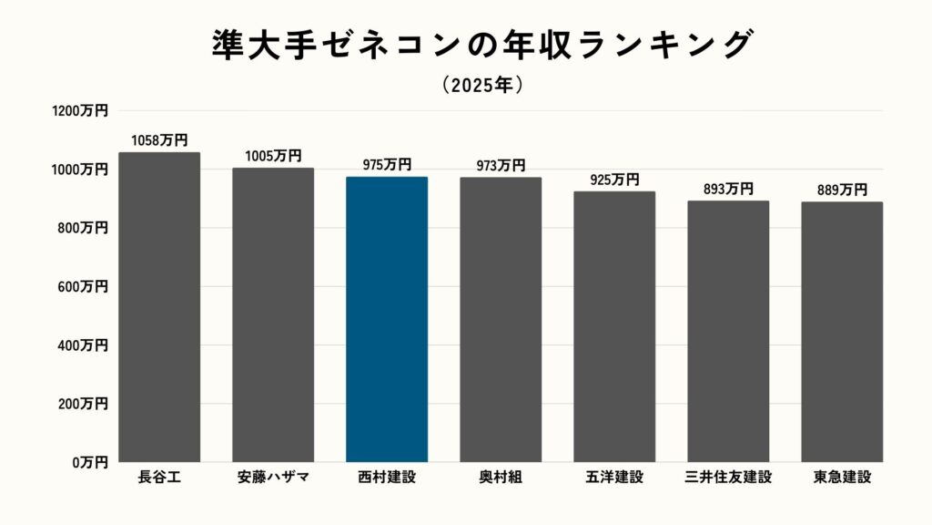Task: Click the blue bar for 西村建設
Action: (387, 319)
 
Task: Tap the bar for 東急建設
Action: (842, 332)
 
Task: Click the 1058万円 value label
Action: (159, 140)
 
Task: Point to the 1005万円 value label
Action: (273, 156)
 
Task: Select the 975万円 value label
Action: (387, 165)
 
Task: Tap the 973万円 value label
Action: (501, 165)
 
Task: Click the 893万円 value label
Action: (728, 189)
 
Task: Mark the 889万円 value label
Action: (842, 190)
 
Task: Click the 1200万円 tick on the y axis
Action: (80, 111)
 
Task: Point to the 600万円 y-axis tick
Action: (82, 286)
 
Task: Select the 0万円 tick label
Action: (89, 462)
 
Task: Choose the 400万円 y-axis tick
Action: (82, 345)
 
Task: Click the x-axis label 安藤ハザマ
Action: (273, 477)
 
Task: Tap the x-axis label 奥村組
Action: (501, 477)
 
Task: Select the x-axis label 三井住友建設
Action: (728, 477)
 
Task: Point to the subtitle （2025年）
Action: (482, 85)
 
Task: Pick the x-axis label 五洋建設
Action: (614, 477)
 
